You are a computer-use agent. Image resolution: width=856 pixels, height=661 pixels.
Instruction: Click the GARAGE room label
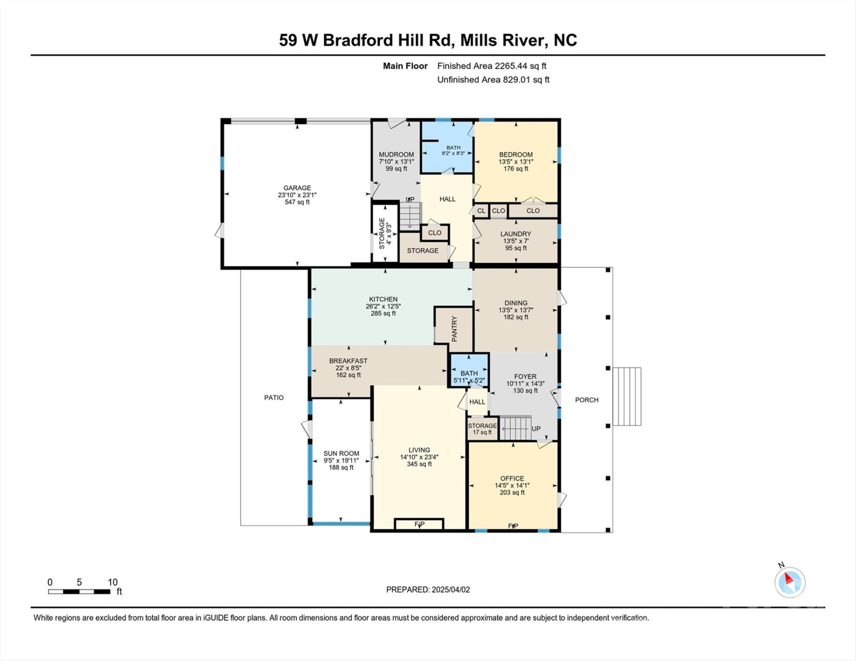pos(297,188)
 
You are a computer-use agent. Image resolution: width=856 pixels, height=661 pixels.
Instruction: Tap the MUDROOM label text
pos(396,155)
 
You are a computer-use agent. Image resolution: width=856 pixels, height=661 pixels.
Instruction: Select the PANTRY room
pos(454,329)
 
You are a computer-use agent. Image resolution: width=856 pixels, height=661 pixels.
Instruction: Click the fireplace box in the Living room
pos(419,524)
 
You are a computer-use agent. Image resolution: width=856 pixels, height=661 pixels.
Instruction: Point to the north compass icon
pos(790,582)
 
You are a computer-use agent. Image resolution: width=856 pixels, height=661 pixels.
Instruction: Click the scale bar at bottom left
pos(79,592)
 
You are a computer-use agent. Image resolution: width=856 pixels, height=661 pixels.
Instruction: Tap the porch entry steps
pos(627,396)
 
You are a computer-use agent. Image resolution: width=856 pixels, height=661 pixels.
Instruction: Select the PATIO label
pos(274,398)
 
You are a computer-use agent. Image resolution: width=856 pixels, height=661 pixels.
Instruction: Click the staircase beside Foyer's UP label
pos(515,428)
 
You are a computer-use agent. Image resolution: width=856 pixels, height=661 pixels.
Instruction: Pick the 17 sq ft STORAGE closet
pos(482,429)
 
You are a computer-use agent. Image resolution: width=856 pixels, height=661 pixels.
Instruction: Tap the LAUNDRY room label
pos(516,234)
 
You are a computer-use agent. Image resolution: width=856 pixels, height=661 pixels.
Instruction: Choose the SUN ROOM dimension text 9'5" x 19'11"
pos(341,460)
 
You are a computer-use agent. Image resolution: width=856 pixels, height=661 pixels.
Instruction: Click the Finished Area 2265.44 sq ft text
pos(491,66)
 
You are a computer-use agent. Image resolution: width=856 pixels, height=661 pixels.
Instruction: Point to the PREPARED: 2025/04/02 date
pos(428,589)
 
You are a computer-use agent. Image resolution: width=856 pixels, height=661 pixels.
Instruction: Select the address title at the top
pos(428,40)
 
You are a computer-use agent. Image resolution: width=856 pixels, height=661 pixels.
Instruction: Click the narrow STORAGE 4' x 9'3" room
pos(385,233)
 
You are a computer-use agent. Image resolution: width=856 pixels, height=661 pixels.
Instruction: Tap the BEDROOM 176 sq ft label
pos(516,162)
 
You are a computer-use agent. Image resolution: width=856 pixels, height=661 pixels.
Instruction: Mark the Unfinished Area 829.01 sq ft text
pos(493,80)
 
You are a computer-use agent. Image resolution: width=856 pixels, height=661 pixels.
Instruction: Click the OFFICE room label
pos(512,478)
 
